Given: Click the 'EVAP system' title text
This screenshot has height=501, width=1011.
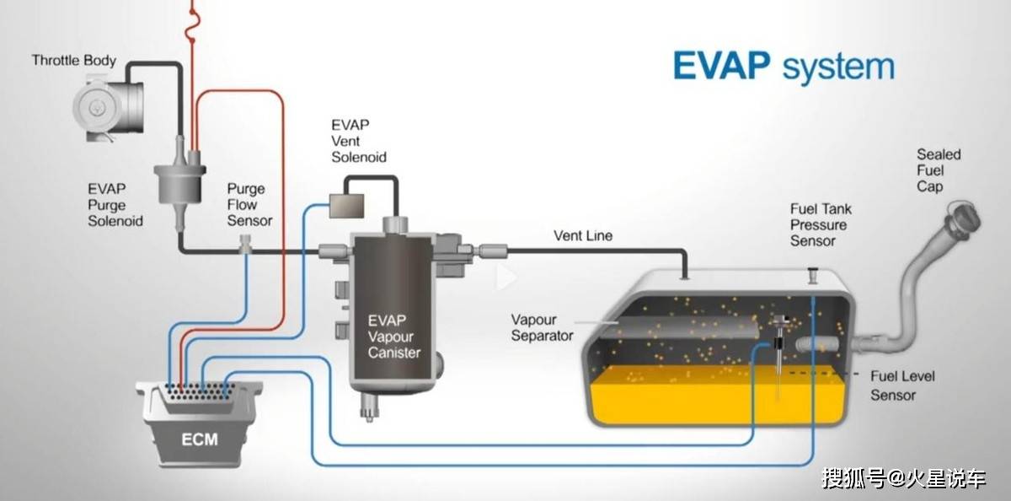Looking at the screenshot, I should click(x=783, y=66).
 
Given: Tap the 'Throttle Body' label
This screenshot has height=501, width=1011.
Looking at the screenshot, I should click(x=74, y=61).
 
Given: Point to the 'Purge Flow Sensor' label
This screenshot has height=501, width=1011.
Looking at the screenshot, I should click(x=249, y=204).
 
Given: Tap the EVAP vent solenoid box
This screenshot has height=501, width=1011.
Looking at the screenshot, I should click(x=346, y=204).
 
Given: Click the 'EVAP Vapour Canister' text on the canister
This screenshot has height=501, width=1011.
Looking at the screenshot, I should click(x=393, y=337).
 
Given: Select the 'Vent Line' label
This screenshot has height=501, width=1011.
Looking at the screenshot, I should click(x=583, y=235).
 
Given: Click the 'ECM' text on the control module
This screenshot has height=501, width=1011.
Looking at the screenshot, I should click(x=200, y=439).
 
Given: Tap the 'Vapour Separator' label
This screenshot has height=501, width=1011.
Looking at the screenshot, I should click(x=543, y=327).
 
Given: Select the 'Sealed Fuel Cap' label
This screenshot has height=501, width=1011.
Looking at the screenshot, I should click(x=939, y=170).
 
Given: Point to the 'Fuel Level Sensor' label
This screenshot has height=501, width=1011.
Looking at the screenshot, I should click(x=902, y=385).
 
